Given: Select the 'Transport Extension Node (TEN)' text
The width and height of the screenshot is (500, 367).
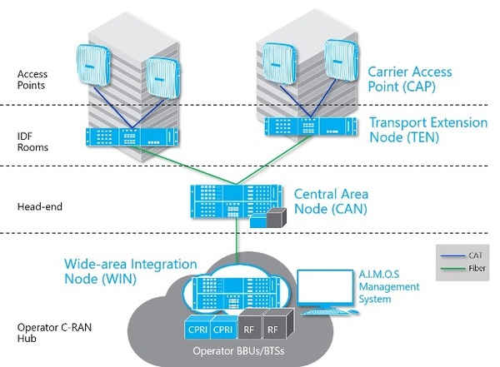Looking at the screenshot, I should [x=427, y=129].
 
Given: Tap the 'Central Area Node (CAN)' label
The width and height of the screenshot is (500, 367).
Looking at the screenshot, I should [x=331, y=201].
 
